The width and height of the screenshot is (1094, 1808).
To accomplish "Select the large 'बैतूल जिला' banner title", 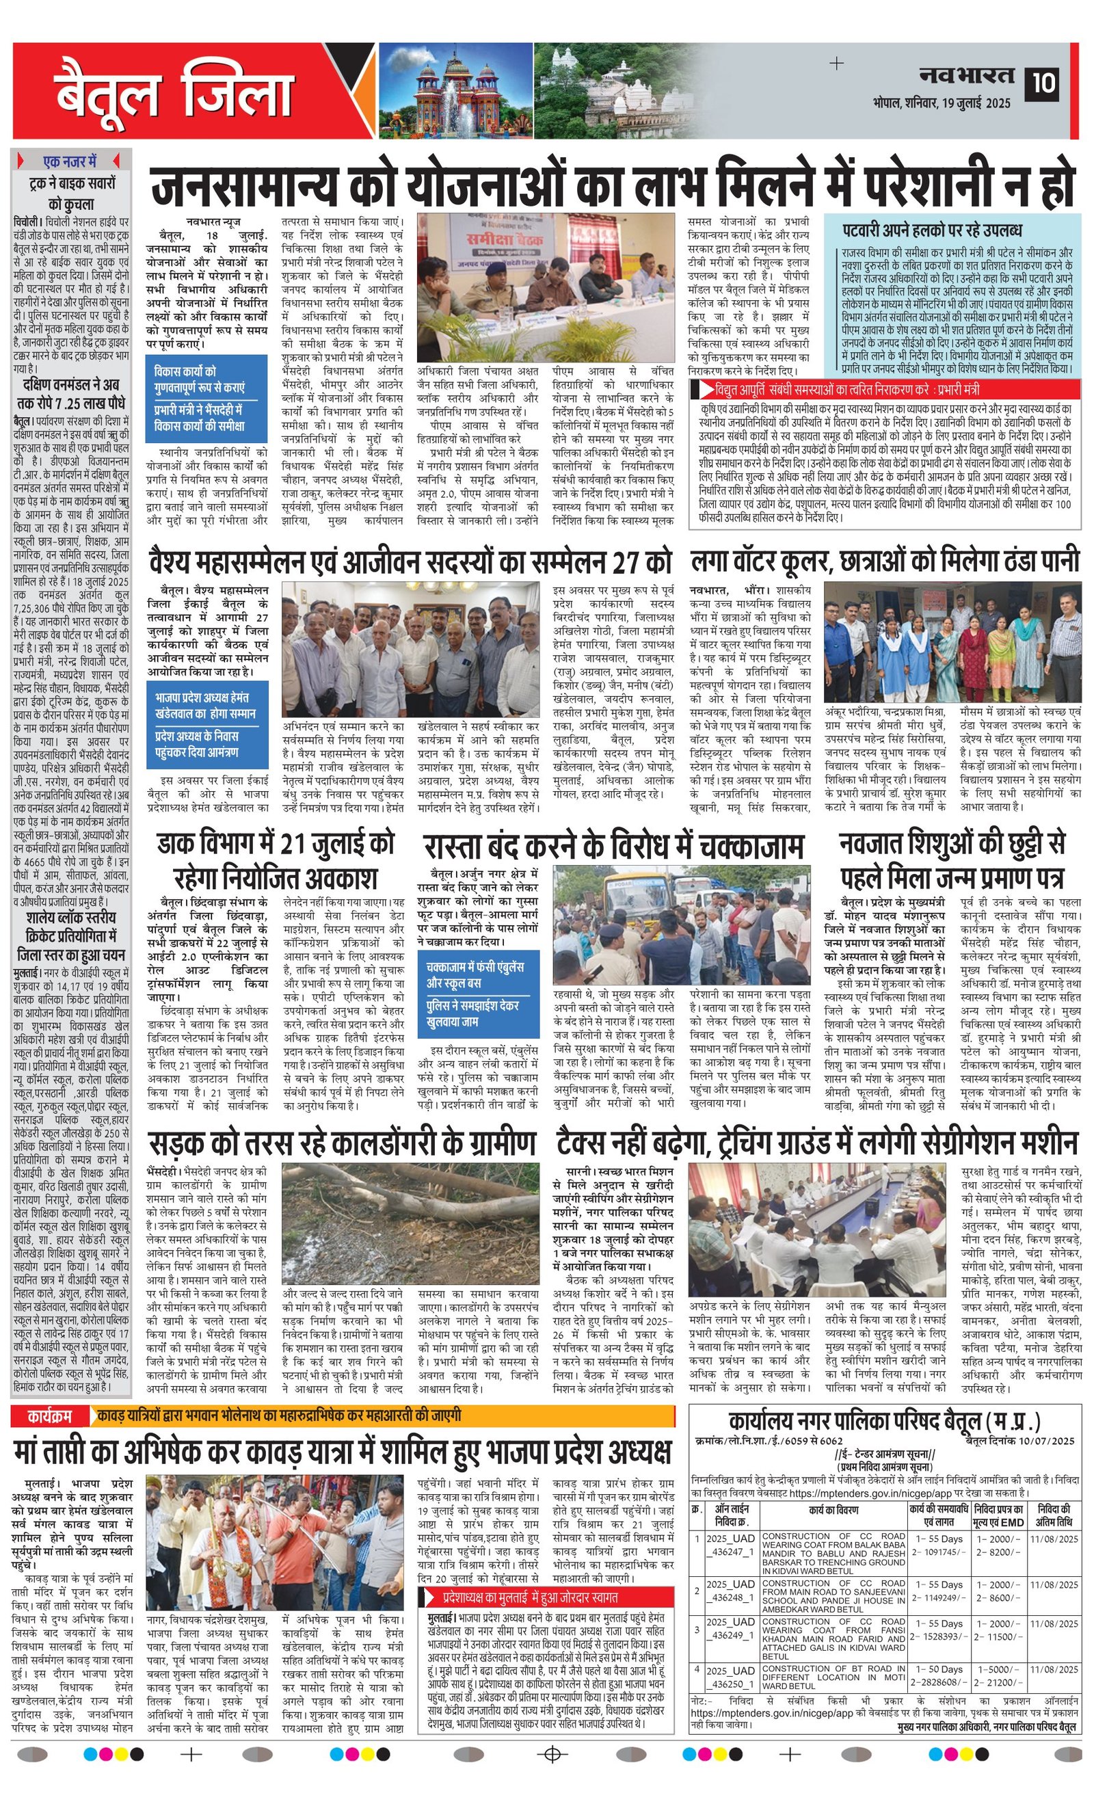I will click(174, 93).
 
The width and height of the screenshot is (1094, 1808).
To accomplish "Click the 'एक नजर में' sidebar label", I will click(70, 161).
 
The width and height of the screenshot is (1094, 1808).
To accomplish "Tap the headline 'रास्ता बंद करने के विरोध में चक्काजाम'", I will click(613, 847).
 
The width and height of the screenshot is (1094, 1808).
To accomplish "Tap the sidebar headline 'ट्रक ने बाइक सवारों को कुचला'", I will click(71, 193).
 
